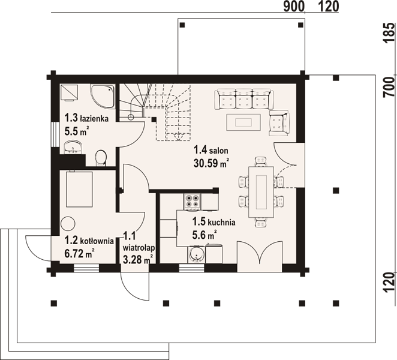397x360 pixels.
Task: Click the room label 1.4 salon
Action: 211,150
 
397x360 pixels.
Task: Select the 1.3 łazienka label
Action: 86,118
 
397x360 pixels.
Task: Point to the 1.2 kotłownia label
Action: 89,241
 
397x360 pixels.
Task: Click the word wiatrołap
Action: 139,247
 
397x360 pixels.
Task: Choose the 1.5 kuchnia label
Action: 213,221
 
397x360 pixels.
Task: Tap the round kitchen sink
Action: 197,254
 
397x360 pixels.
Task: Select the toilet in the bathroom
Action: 101,158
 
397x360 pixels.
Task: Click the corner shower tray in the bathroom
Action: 103,97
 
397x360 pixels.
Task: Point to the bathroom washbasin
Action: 73,147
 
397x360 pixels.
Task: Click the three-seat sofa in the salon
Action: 243,100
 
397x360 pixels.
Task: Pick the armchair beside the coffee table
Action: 279,123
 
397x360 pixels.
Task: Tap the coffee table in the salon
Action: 243,122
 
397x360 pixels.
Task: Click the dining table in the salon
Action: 261,192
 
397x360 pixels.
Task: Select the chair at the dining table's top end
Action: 261,161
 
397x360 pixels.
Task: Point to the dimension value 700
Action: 390,87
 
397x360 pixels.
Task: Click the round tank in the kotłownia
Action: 68,224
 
